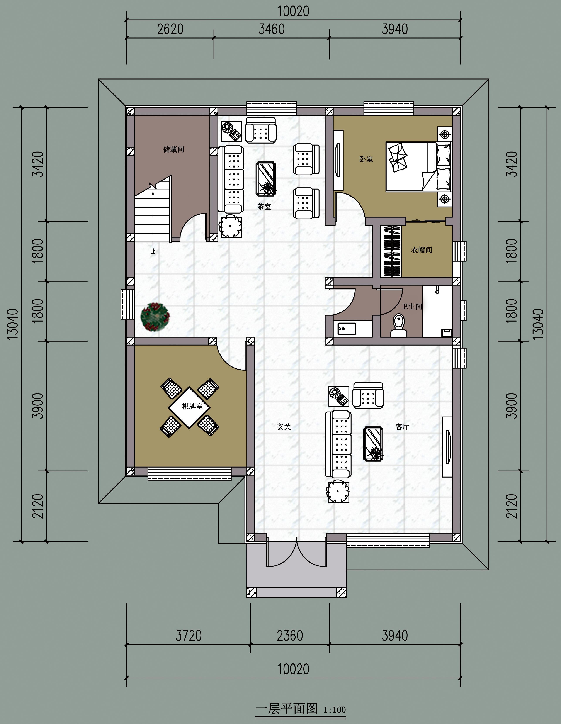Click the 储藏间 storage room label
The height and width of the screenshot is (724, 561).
173,149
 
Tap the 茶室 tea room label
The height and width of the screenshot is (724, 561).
264,207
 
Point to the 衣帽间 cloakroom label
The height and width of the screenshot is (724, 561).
422,250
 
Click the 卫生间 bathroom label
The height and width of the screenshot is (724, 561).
412,306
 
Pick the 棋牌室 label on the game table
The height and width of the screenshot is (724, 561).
192,406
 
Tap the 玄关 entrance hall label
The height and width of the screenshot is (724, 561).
284,427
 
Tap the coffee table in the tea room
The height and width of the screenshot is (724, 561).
266,178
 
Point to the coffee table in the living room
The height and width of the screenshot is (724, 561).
373,444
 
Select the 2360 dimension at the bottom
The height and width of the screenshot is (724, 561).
290,636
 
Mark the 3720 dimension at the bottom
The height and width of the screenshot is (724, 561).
188,636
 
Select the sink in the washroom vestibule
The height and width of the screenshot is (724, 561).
347,329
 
